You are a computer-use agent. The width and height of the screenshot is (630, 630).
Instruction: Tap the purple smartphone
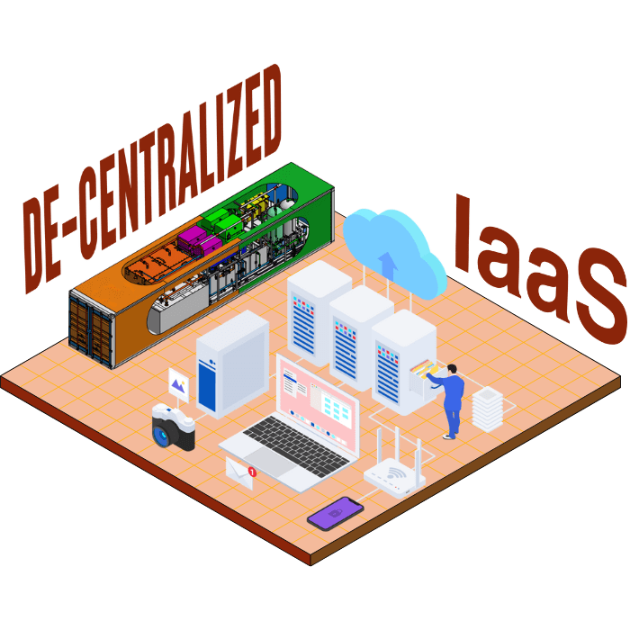[335, 513]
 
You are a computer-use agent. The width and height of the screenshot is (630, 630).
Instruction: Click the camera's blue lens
[165, 434]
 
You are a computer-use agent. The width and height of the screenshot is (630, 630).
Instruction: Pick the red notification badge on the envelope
[252, 471]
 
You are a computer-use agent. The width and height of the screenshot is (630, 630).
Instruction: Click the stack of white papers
[485, 407]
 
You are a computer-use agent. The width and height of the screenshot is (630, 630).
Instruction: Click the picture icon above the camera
[179, 385]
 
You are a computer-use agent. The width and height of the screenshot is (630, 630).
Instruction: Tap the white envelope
[239, 472]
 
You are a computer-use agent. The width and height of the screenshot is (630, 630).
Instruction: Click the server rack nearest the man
[403, 360]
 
